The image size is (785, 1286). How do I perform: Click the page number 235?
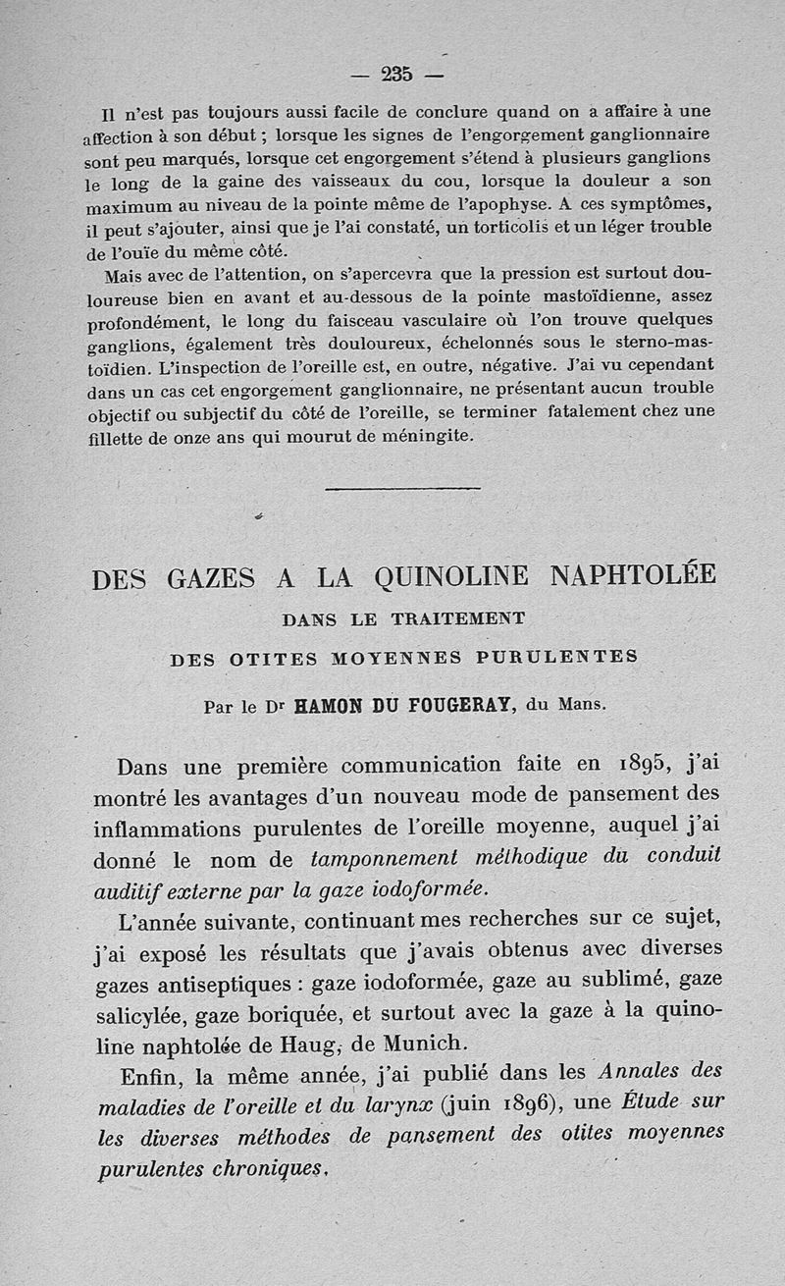point(396,73)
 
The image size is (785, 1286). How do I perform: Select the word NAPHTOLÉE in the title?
point(633,574)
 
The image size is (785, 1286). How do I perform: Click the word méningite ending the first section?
point(425,436)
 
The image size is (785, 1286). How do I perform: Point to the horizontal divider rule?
point(401,488)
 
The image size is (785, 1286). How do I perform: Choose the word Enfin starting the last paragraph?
point(144,1073)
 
